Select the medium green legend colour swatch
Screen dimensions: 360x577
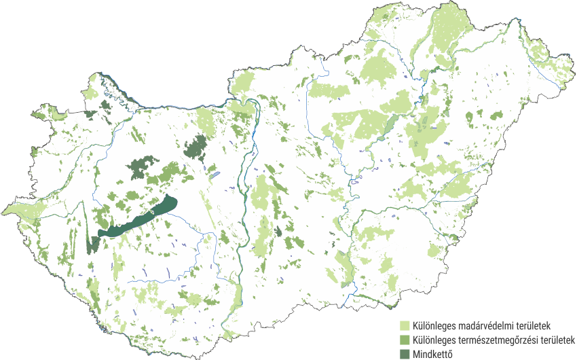coord(405,339)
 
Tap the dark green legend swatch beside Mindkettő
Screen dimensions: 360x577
coord(405,353)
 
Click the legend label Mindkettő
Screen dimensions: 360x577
coord(432,353)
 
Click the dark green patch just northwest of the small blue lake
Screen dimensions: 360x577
coord(197,145)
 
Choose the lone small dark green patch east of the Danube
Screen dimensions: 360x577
coord(278,232)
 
